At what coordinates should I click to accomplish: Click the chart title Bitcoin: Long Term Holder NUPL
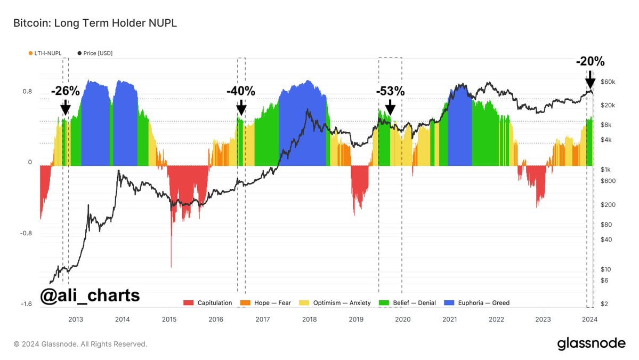pyautogui.click(x=95, y=23)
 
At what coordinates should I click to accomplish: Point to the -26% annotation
pyautogui.click(x=65, y=91)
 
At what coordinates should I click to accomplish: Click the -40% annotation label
pyautogui.click(x=241, y=91)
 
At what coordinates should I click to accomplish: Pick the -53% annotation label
pyautogui.click(x=390, y=91)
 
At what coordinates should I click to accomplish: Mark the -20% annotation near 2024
pyautogui.click(x=590, y=62)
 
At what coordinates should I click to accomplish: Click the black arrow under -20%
pyautogui.click(x=590, y=82)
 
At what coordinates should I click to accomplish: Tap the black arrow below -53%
pyautogui.click(x=390, y=107)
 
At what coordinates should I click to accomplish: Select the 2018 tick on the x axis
pyautogui.click(x=309, y=319)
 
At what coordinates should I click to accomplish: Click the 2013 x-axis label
pyautogui.click(x=76, y=319)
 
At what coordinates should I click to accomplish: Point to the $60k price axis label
pyautogui.click(x=608, y=82)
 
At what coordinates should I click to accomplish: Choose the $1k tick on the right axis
pyautogui.click(x=606, y=169)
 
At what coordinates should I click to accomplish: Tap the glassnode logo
pyautogui.click(x=591, y=343)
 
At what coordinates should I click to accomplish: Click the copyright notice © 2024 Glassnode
pyautogui.click(x=80, y=344)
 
